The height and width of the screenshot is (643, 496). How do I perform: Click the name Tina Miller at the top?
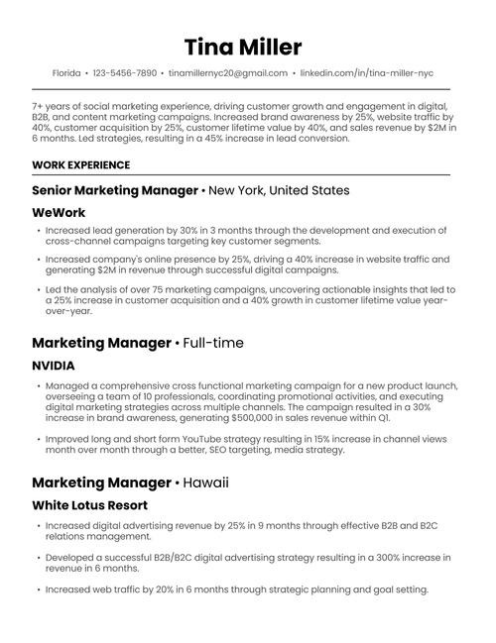(243, 48)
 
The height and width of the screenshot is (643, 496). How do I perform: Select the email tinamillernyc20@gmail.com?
(228, 73)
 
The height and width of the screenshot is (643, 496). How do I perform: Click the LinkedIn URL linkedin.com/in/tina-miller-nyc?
(366, 73)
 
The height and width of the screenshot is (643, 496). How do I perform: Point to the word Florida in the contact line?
(66, 73)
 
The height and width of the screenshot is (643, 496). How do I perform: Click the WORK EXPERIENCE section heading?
(80, 164)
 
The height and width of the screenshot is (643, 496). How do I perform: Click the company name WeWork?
(59, 212)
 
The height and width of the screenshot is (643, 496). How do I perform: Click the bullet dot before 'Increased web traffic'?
(37, 589)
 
